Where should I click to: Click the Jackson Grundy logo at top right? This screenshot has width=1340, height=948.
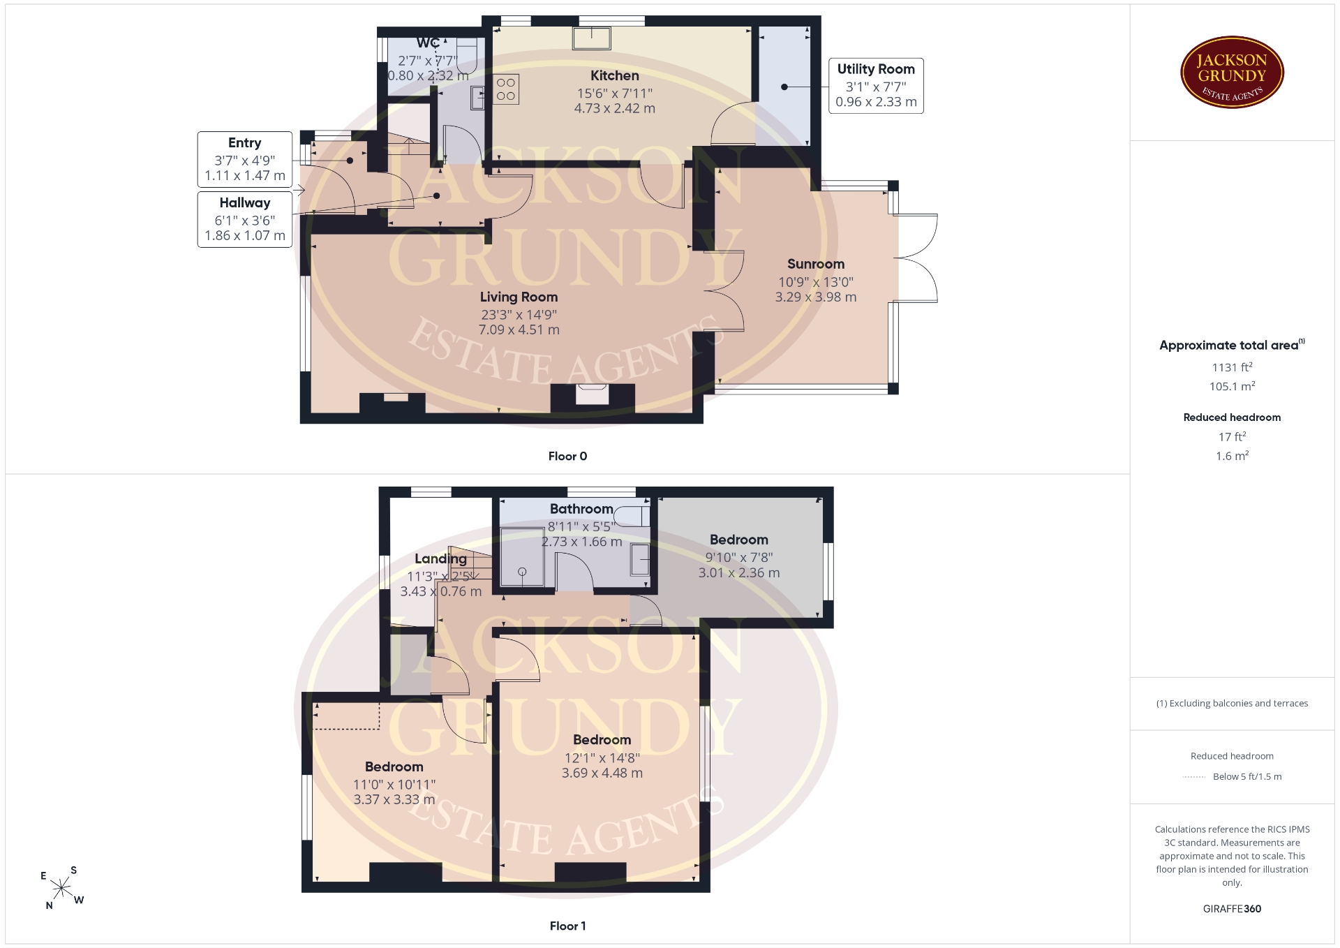(1232, 73)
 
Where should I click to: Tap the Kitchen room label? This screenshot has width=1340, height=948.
(614, 75)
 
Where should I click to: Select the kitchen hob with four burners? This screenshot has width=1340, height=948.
(506, 89)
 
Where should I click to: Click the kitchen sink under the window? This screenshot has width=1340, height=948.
(592, 38)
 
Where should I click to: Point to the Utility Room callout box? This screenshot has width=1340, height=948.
(876, 86)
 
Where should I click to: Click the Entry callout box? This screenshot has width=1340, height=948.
(245, 159)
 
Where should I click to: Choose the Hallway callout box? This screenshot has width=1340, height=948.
(245, 219)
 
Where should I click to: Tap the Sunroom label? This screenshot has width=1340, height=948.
(816, 264)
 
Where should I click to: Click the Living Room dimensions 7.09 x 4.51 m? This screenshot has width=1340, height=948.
(519, 329)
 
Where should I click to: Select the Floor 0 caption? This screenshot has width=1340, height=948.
(567, 456)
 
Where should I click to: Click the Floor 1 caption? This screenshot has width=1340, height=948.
(567, 926)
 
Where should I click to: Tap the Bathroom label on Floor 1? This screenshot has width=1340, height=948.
(581, 509)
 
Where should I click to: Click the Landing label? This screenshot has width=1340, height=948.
(440, 558)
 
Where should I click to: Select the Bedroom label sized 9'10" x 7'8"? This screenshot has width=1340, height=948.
(738, 540)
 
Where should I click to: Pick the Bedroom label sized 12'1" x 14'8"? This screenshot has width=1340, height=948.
(602, 740)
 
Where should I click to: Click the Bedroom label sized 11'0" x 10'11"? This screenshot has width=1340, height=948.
(394, 766)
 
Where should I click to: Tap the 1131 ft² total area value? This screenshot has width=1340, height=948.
(1232, 367)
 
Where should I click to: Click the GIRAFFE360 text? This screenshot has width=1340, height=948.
(1232, 909)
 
